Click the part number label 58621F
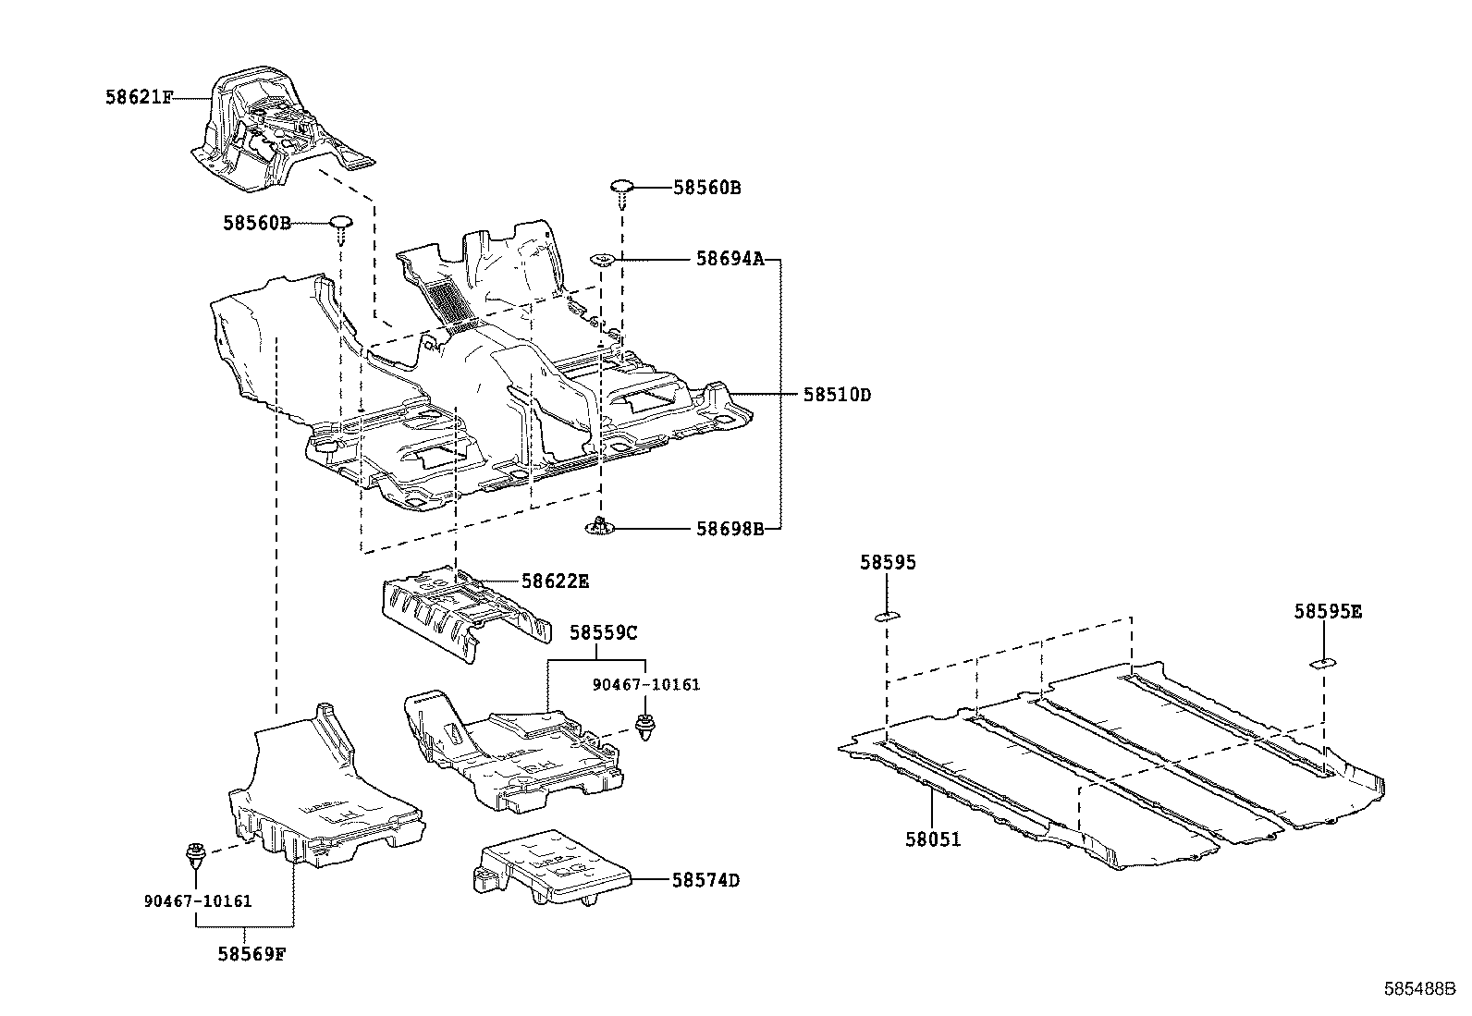(138, 97)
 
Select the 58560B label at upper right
(706, 188)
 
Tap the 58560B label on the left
(256, 223)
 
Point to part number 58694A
(730, 261)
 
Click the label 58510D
(836, 395)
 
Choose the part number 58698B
(730, 529)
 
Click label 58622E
(555, 581)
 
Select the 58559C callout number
(603, 633)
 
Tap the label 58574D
(705, 880)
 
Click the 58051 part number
(933, 839)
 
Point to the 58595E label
(1328, 611)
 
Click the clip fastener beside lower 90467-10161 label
(195, 853)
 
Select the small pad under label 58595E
(1320, 662)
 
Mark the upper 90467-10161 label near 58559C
(647, 685)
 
